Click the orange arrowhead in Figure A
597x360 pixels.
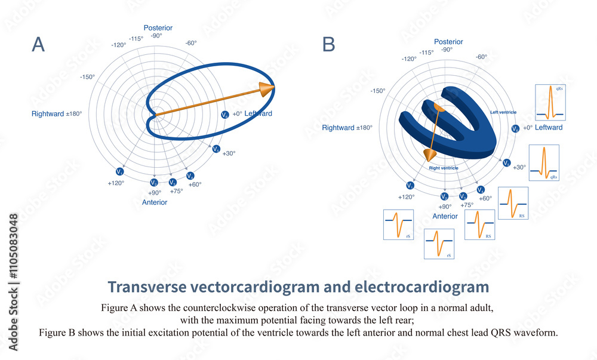(267, 90)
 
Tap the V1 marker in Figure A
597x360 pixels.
(121, 172)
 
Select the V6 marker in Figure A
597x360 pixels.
(224, 114)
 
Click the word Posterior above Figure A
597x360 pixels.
(158, 27)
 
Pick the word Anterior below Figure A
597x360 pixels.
(155, 202)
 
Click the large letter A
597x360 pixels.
(38, 45)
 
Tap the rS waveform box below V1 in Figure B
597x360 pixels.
(398, 224)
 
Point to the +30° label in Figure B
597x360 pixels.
(519, 167)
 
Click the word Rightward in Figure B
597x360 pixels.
(338, 128)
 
